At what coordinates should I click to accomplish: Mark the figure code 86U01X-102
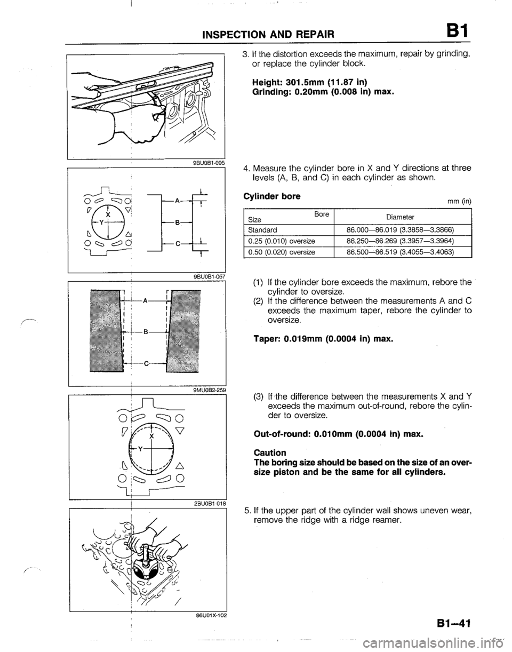tap(207, 615)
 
